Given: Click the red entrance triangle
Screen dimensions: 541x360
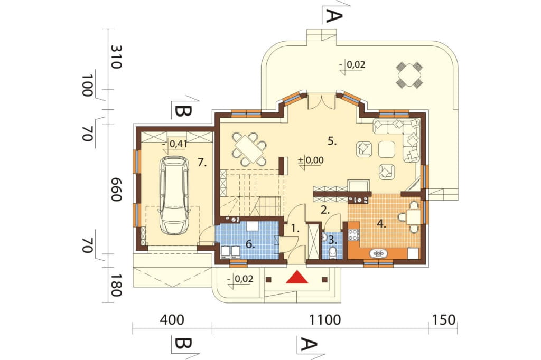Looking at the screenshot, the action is click(x=297, y=277).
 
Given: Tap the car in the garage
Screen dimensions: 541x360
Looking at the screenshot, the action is click(x=174, y=195).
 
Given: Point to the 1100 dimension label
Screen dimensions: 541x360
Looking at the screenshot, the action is click(x=325, y=320).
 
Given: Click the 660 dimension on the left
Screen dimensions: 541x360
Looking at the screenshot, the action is click(x=115, y=190).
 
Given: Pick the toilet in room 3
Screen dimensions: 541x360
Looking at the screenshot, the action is click(x=333, y=252).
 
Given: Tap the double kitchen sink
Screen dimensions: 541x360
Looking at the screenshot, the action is click(x=378, y=253).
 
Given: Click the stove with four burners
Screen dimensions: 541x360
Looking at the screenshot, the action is click(x=354, y=234).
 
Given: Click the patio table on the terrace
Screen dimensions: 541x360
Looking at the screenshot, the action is click(x=409, y=74).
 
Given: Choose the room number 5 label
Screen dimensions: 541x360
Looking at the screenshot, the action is click(x=332, y=141).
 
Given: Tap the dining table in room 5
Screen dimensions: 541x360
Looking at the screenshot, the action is click(x=249, y=149).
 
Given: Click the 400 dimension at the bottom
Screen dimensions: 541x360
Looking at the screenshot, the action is click(x=172, y=320).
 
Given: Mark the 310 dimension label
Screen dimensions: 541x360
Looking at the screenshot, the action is click(x=115, y=57).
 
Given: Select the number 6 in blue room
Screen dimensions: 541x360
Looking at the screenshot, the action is click(x=250, y=245).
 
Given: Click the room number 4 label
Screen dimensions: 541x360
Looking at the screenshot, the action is click(x=381, y=224).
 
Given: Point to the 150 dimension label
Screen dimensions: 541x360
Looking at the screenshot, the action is click(x=443, y=320).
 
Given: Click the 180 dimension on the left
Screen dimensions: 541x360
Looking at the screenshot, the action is click(x=115, y=286).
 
